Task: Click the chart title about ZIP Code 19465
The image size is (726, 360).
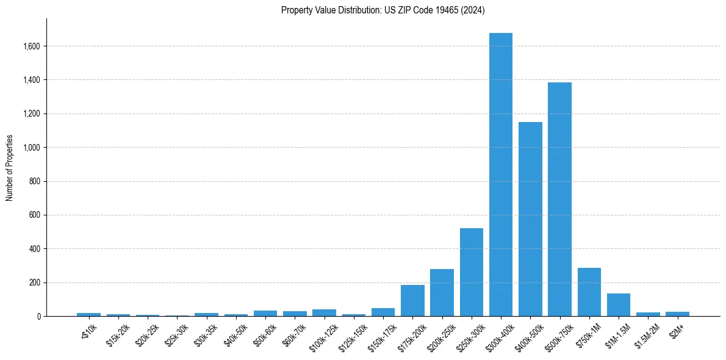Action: (x=383, y=10)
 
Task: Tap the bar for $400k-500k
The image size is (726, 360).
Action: (x=530, y=219)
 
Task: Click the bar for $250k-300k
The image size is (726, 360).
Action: (x=472, y=272)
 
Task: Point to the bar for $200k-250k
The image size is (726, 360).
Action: (x=442, y=293)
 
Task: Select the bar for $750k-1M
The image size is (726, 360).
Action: (x=589, y=292)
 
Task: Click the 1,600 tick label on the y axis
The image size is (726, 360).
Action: (x=32, y=46)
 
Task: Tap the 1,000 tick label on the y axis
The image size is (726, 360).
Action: (x=32, y=148)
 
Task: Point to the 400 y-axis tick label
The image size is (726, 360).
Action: (x=35, y=249)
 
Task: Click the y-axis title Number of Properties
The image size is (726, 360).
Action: (x=10, y=168)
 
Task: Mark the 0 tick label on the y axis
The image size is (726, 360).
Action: (x=39, y=317)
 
